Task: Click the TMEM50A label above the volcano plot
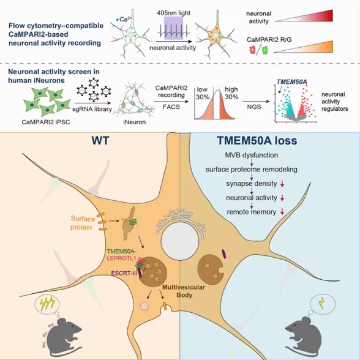292,82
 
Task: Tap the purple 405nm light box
174,28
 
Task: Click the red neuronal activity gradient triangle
304,16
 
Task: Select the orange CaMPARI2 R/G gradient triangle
303,47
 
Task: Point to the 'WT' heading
100,141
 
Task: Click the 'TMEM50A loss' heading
257,141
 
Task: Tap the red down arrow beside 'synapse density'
282,184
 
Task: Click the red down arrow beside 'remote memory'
282,212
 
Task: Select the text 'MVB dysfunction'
252,156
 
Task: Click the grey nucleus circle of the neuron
180,241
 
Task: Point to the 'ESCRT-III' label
124,274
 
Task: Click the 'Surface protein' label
82,223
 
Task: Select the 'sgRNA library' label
92,109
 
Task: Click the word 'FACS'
171,107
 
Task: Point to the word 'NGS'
254,107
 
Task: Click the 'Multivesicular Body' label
184,291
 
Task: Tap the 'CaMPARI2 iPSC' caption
46,122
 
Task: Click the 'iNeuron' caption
134,122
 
